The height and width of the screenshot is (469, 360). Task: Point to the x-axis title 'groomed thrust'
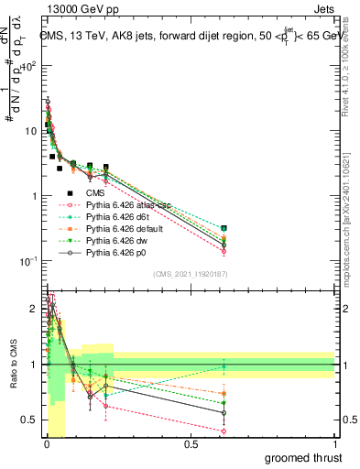click(304, 457)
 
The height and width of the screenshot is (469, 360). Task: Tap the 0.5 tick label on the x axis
click(191, 443)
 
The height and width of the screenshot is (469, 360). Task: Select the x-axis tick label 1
click(335, 443)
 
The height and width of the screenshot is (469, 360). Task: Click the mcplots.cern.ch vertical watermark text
click(350, 211)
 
